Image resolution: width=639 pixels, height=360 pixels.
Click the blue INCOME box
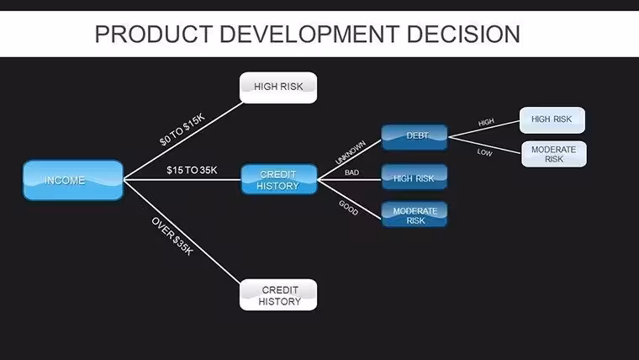pos(73,180)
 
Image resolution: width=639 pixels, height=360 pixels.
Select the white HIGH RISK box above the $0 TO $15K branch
pos(278,87)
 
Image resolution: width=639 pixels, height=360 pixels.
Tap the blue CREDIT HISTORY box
pos(279,179)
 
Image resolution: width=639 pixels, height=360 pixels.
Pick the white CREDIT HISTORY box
pos(278,294)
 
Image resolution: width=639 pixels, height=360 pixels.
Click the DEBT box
pos(415,137)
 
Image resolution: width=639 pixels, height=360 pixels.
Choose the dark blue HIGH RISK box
pos(415,177)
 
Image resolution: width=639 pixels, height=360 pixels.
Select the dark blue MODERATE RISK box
pos(415,214)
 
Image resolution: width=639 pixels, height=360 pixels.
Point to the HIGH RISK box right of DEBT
pos(552,120)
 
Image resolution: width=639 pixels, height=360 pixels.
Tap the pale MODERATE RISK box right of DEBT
pos(554,154)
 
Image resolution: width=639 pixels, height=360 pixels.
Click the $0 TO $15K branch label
pos(182,130)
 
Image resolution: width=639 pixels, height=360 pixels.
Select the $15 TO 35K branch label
pos(192,170)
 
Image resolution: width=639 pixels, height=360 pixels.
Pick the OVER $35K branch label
pos(172,236)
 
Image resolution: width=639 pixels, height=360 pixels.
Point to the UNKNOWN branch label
pos(351,152)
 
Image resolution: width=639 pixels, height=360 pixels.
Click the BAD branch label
pos(351,172)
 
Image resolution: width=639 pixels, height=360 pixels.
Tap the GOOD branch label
pos(348,208)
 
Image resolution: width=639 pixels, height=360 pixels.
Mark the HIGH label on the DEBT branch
pos(486,122)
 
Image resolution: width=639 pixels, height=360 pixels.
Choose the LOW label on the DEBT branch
pos(484,152)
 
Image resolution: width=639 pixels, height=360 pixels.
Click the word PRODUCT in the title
pos(154,34)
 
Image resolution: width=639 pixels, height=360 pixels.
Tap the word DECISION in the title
pos(463,34)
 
